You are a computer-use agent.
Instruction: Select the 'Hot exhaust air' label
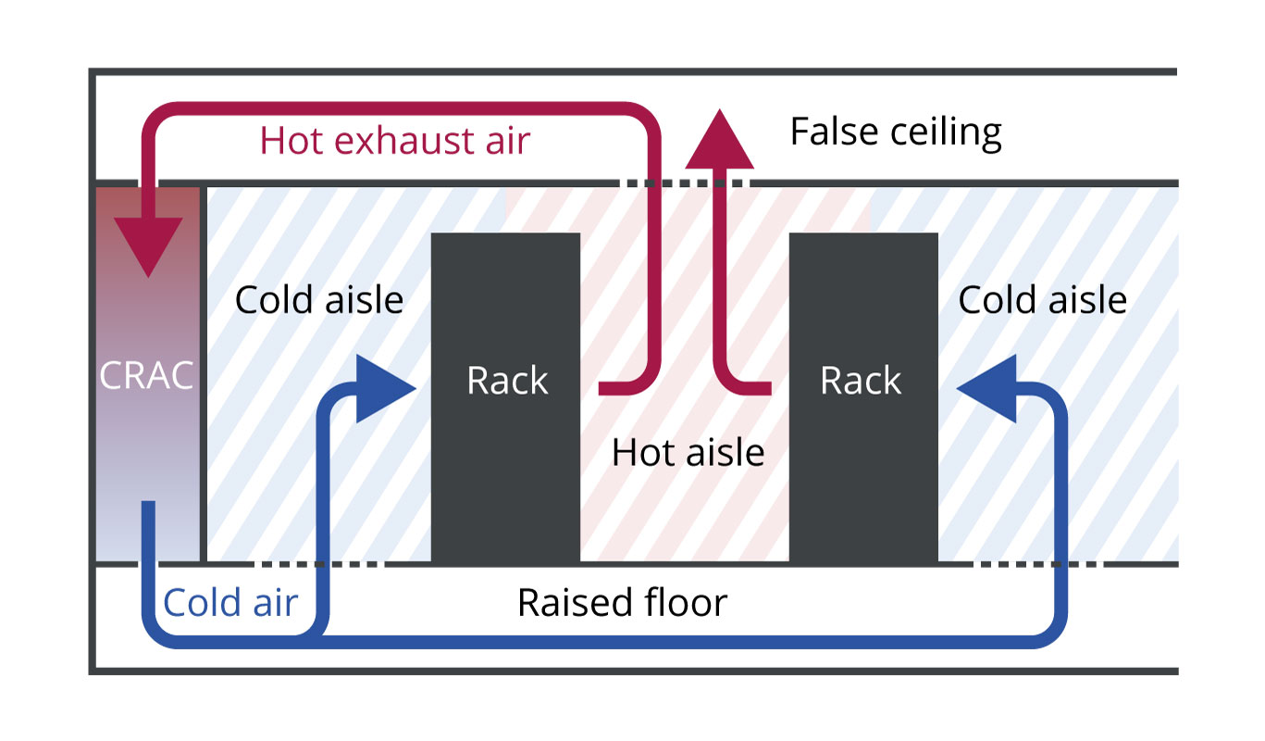394,141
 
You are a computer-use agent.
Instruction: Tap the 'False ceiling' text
895,132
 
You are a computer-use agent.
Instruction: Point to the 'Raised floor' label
622,602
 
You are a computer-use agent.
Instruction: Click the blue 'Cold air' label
230,602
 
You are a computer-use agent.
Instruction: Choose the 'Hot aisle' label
688,452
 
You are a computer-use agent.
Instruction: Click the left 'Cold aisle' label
319,300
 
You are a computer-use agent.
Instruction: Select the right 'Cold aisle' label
1042,300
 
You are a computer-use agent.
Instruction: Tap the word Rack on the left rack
507,381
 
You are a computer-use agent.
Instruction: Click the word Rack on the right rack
861,381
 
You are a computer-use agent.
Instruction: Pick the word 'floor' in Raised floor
686,602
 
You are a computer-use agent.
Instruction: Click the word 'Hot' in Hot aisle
641,452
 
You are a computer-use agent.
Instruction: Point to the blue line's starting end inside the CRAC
148,508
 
